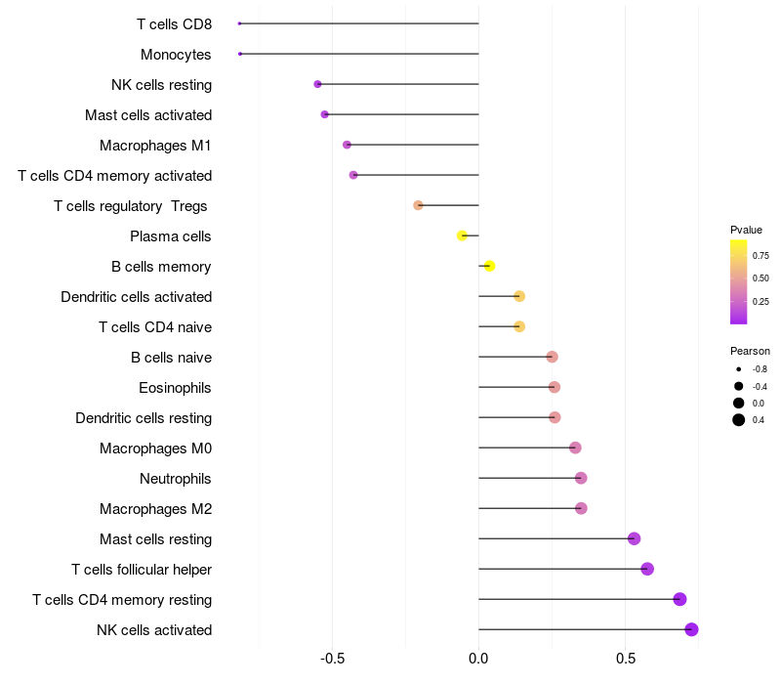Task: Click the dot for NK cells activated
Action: click(x=691, y=629)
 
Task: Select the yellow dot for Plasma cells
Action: click(x=463, y=235)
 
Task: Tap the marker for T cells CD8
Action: click(x=239, y=23)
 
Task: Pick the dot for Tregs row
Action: click(x=418, y=205)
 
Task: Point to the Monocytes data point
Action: click(x=240, y=54)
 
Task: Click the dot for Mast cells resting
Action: click(x=634, y=538)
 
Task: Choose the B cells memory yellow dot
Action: click(x=490, y=266)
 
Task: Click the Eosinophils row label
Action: click(x=175, y=388)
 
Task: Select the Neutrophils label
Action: click(x=176, y=479)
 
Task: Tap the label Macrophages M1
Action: click(x=155, y=146)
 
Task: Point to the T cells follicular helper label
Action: click(x=142, y=570)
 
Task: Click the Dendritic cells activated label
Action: click(x=136, y=297)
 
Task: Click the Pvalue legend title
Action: click(x=746, y=230)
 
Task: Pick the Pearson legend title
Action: click(x=750, y=351)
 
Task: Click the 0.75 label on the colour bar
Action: click(x=760, y=256)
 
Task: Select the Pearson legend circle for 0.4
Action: click(x=739, y=420)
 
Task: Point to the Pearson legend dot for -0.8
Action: click(x=739, y=369)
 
